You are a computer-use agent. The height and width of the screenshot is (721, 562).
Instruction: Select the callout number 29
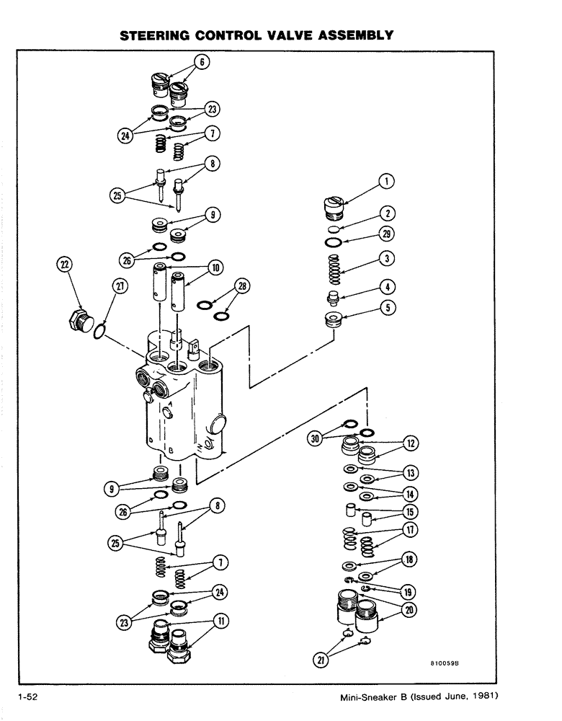click(x=387, y=233)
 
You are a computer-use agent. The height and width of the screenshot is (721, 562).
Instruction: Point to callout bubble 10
click(x=215, y=267)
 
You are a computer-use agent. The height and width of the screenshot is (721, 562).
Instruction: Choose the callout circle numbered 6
click(x=203, y=62)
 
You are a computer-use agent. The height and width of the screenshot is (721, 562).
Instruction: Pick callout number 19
click(x=408, y=592)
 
